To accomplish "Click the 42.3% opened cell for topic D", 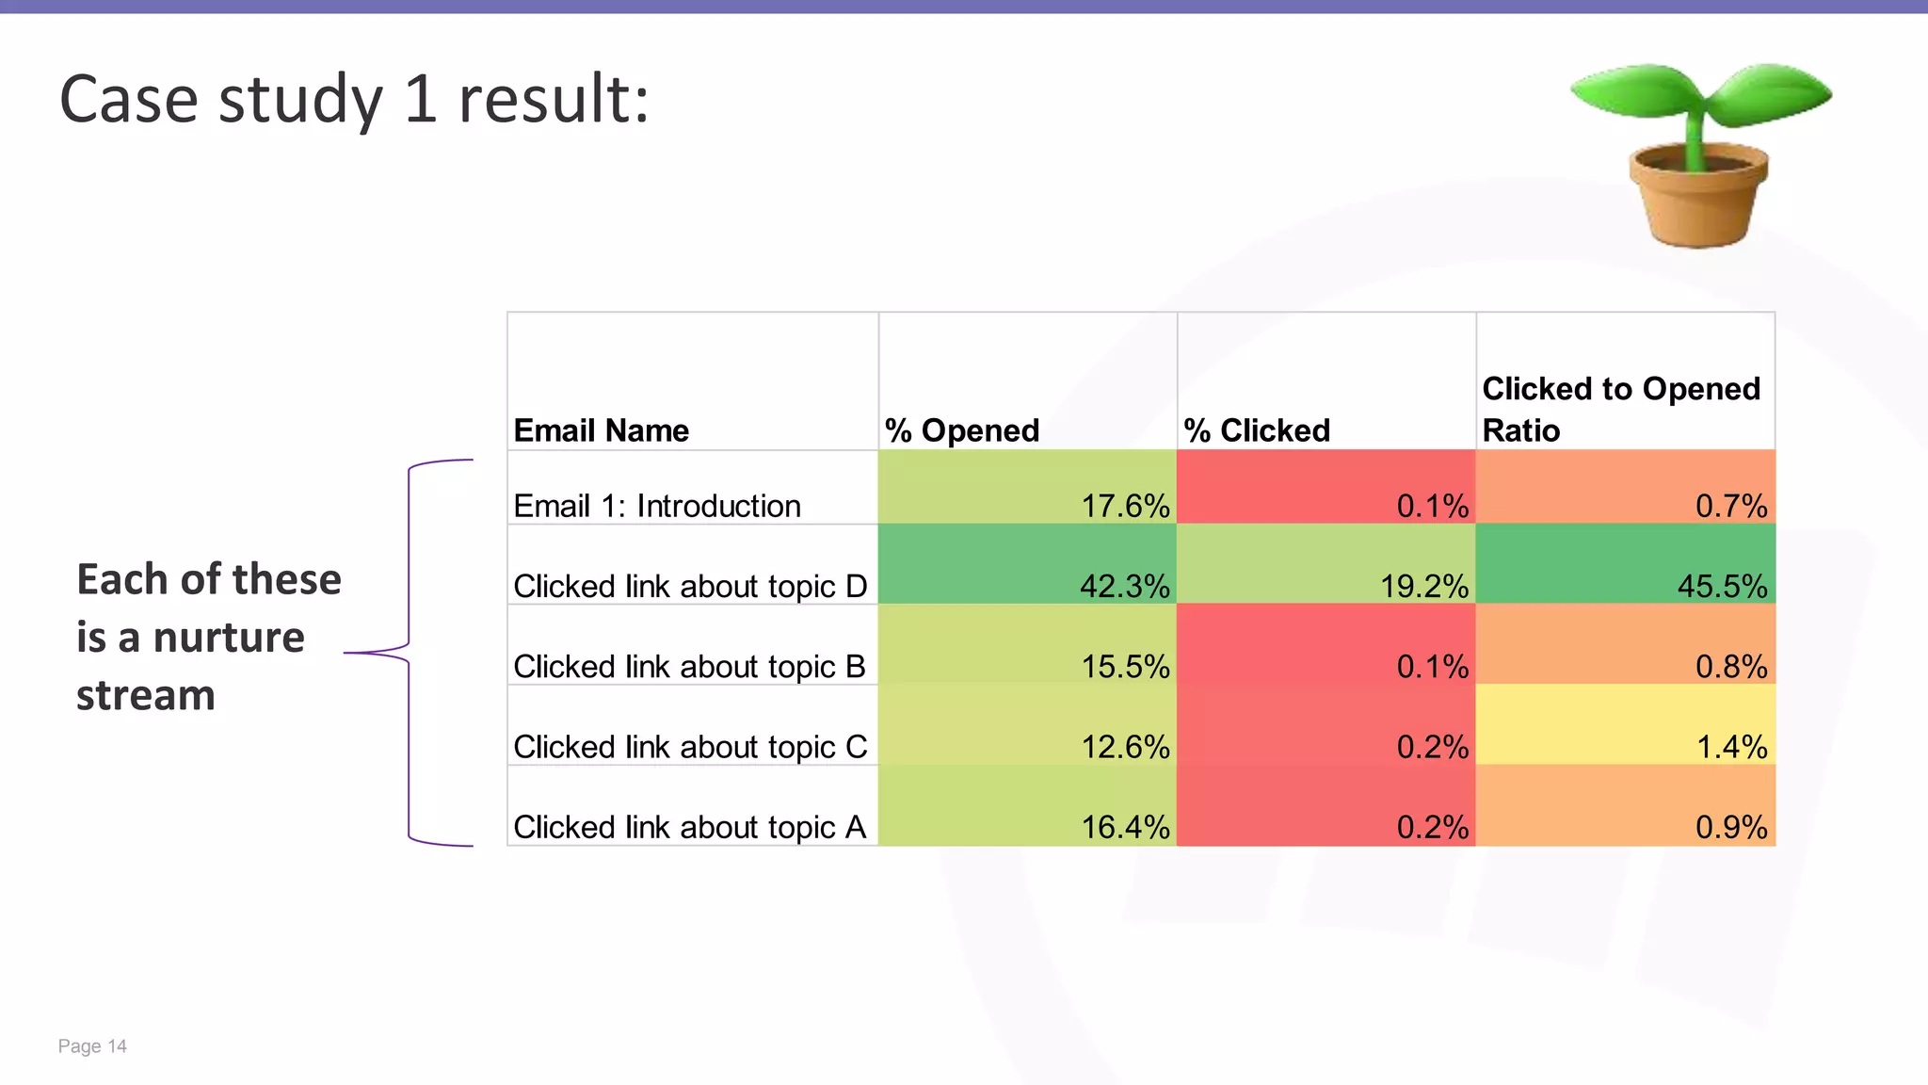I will pyautogui.click(x=1124, y=586).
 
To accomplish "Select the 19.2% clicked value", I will pyautogui.click(x=1423, y=586).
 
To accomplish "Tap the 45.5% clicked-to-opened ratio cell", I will pyautogui.click(x=1722, y=586).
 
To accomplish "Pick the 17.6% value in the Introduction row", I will pyautogui.click(x=1125, y=506).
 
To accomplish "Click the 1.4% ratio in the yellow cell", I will pyautogui.click(x=1731, y=747).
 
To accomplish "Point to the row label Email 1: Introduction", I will pyautogui.click(x=657, y=506).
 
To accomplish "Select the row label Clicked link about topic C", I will pyautogui.click(x=690, y=747).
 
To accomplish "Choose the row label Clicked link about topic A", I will pyautogui.click(x=689, y=827).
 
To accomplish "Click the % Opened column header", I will pyautogui.click(x=962, y=430).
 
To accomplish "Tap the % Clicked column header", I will pyautogui.click(x=1257, y=430).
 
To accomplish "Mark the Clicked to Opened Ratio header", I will pyautogui.click(x=1621, y=409).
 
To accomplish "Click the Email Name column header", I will pyautogui.click(x=602, y=430).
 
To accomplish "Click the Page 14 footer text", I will pyautogui.click(x=92, y=1046).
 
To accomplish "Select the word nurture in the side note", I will pyautogui.click(x=229, y=638).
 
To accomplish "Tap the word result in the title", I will pyautogui.click(x=553, y=99).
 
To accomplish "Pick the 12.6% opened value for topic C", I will pyautogui.click(x=1125, y=747).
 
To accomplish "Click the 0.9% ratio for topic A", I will pyautogui.click(x=1731, y=827).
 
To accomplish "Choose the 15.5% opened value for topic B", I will pyautogui.click(x=1125, y=667).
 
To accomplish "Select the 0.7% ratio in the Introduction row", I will pyautogui.click(x=1731, y=506).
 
